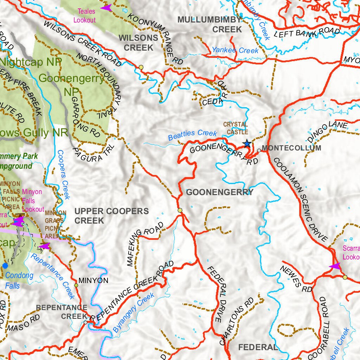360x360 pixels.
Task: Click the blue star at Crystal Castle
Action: tap(247, 143)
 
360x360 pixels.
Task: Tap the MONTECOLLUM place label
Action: tap(291, 148)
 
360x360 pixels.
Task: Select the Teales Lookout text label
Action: tap(84, 16)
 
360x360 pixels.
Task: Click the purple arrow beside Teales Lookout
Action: tap(106, 7)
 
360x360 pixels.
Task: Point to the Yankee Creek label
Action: tap(235, 50)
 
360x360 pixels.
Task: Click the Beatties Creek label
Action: tap(192, 135)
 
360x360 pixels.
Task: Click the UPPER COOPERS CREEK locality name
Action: tap(111, 216)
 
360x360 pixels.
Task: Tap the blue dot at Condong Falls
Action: tap(5, 265)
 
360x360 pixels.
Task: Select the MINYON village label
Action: tap(94, 281)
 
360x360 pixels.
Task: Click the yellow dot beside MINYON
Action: tap(76, 285)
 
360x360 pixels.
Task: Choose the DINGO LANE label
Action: tap(327, 131)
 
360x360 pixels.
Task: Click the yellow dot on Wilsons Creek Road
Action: tap(141, 67)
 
